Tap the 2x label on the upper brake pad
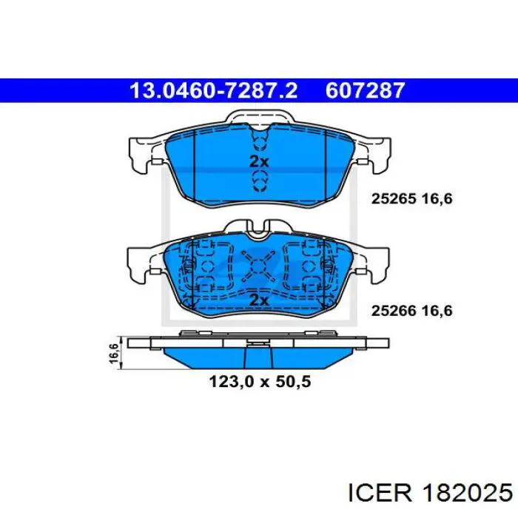pyautogui.click(x=258, y=161)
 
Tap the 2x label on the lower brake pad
pyautogui.click(x=258, y=300)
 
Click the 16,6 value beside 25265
pyautogui.click(x=436, y=198)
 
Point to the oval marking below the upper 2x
pyautogui.click(x=258, y=180)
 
